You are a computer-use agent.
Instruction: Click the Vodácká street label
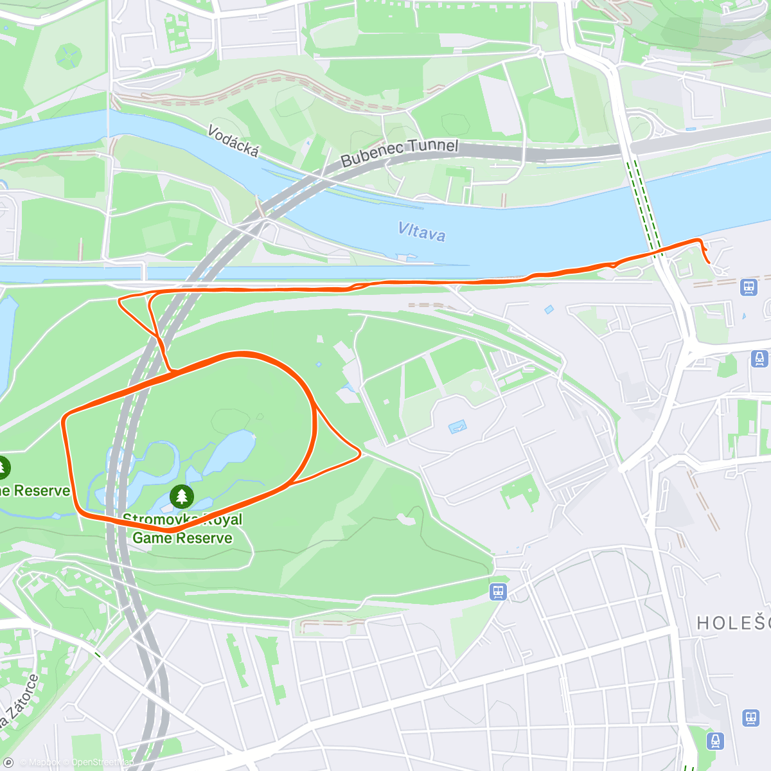(x=233, y=141)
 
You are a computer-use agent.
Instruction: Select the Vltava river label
(x=421, y=231)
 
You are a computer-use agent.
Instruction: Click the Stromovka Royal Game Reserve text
(x=182, y=529)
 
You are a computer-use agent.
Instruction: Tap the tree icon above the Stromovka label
(x=182, y=496)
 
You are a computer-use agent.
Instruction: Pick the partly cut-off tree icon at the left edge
(x=3, y=467)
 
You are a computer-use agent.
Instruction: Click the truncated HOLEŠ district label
(x=733, y=623)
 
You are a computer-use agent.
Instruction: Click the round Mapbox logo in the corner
(x=9, y=763)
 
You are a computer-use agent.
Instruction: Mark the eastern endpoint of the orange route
(x=709, y=262)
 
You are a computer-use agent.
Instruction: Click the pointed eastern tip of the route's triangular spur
(x=360, y=454)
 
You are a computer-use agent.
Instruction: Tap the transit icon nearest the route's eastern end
(x=749, y=287)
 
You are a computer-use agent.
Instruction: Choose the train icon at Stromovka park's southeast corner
(x=498, y=592)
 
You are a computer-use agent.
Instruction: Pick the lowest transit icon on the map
(x=715, y=741)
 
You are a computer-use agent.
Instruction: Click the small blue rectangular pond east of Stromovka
(x=457, y=425)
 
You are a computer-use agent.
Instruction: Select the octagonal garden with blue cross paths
(x=67, y=56)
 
